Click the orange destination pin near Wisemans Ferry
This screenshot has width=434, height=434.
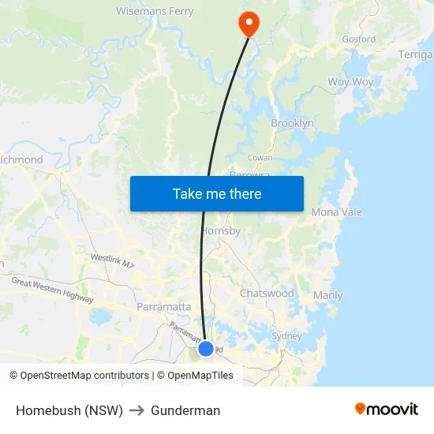(x=249, y=23)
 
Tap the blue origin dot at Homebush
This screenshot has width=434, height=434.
(x=205, y=348)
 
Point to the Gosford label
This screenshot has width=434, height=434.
(x=358, y=39)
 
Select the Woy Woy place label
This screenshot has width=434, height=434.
(x=350, y=82)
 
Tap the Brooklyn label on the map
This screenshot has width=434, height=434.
(x=292, y=123)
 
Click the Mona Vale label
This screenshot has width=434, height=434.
(x=336, y=212)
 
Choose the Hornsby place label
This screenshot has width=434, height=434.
(x=221, y=231)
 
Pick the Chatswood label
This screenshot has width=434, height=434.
(x=267, y=293)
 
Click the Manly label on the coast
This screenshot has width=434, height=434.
(x=327, y=295)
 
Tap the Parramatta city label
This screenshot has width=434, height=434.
(x=163, y=306)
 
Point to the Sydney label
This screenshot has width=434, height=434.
(x=286, y=335)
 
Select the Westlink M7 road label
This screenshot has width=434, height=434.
(x=111, y=261)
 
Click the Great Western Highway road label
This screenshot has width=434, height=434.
(x=52, y=290)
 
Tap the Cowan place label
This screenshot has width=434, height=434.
(x=260, y=158)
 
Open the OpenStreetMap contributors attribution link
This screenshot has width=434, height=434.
(x=84, y=376)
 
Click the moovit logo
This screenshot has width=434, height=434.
(x=387, y=409)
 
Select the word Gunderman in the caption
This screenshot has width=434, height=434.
(x=185, y=410)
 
